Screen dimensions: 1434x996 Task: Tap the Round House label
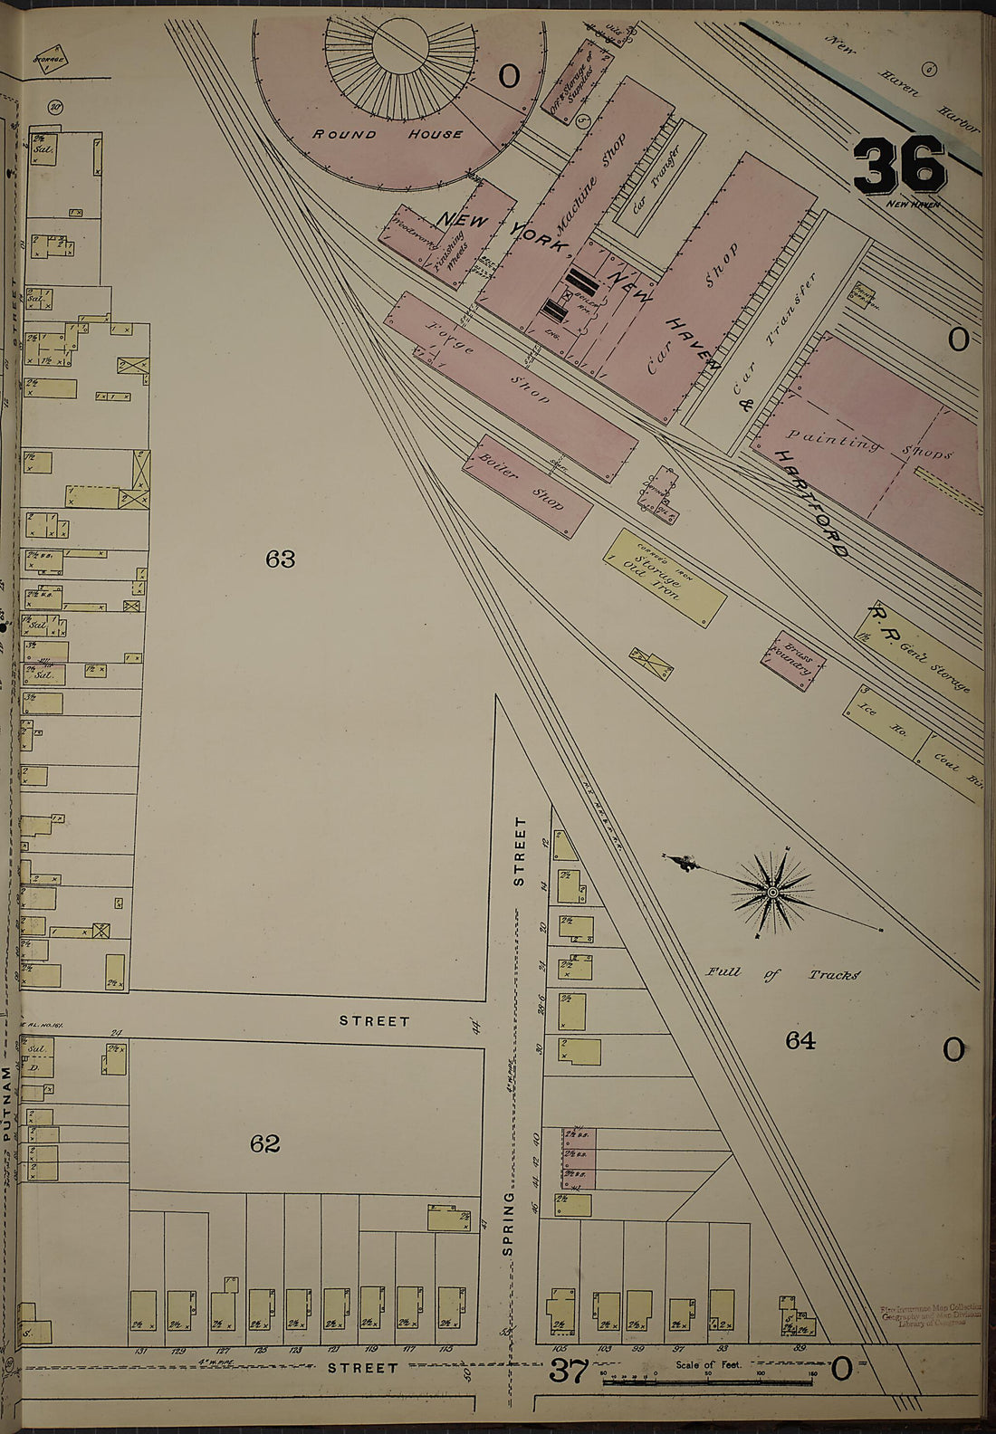coord(388,134)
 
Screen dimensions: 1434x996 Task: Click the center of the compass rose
coord(772,894)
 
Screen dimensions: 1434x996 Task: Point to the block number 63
coord(281,559)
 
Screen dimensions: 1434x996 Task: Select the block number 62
coord(264,1143)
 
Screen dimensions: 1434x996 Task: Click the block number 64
coord(800,1041)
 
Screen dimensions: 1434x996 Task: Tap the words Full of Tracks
coord(783,974)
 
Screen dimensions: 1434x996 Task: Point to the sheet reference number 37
coord(570,1371)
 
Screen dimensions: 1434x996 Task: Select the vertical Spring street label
coord(509,1228)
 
